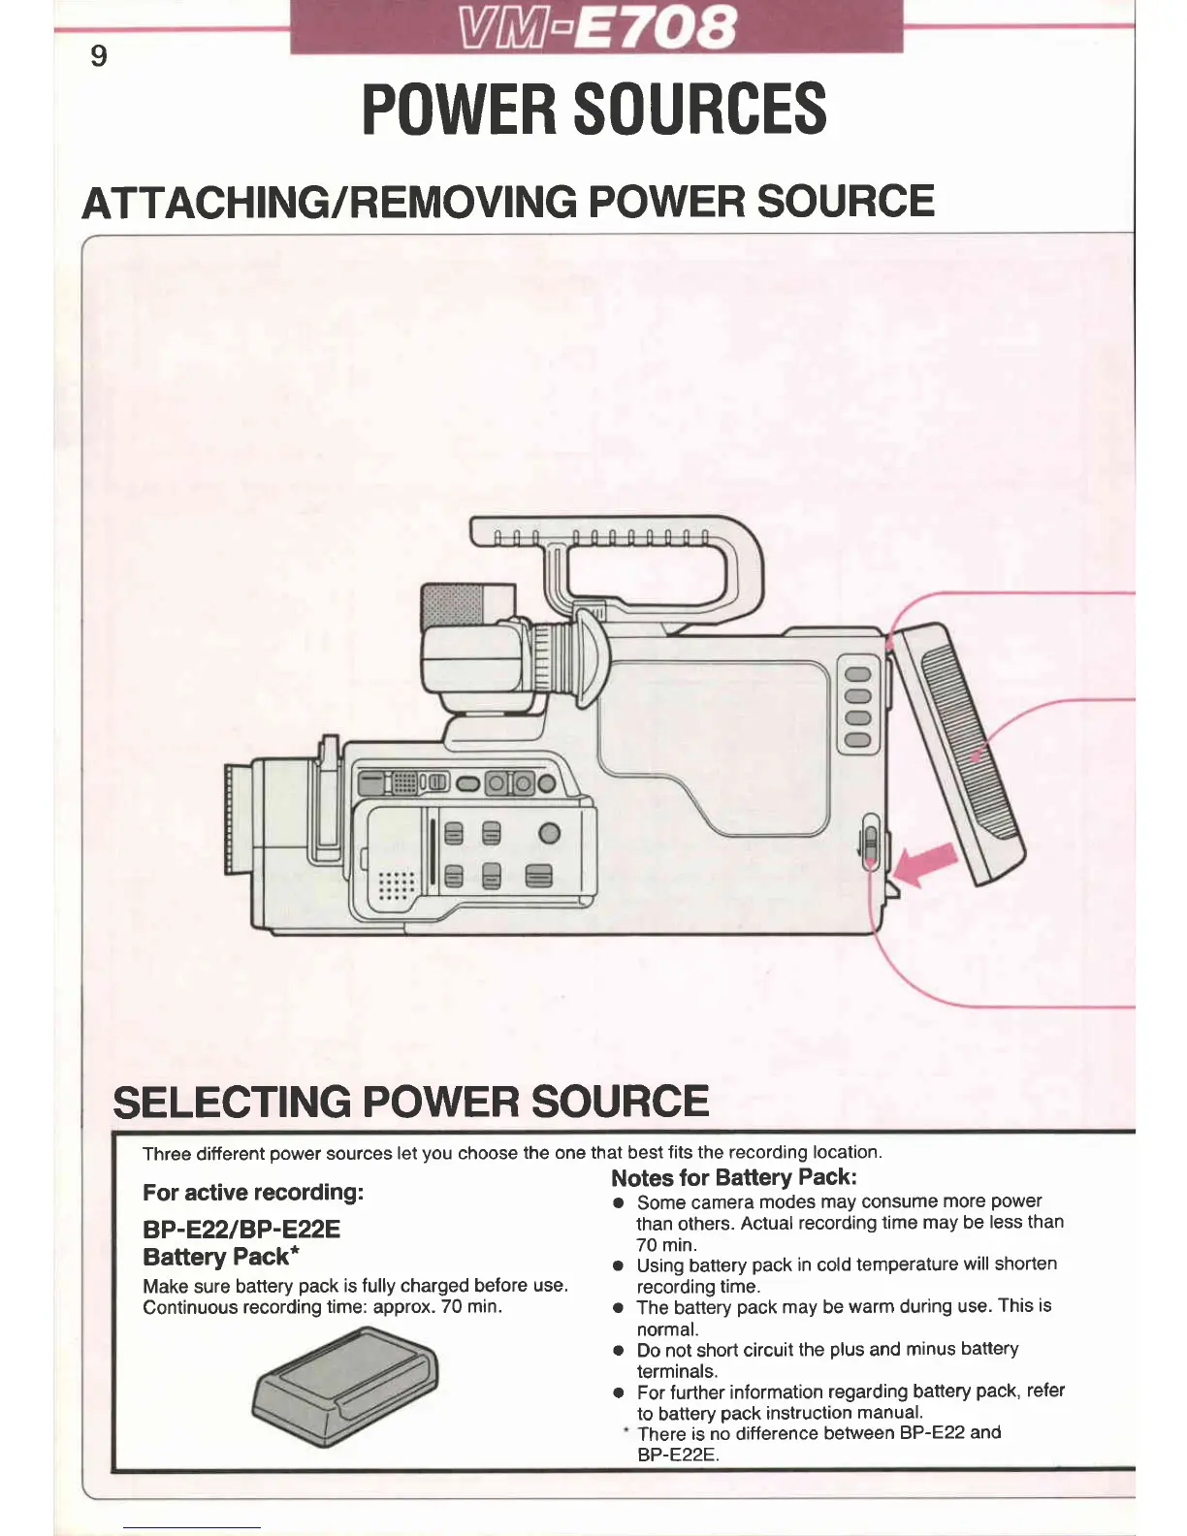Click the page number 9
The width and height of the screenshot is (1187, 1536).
(98, 56)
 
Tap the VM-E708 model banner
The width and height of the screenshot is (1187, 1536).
(595, 27)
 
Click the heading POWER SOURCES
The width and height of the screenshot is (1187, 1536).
(593, 109)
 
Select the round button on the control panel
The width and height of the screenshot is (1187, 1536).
(549, 833)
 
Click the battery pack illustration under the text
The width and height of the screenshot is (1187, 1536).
(345, 1387)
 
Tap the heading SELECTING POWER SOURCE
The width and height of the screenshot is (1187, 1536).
(411, 1102)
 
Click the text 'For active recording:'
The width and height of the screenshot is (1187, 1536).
(253, 1192)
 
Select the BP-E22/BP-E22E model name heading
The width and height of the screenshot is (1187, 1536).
(241, 1230)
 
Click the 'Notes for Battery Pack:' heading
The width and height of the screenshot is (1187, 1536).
(734, 1177)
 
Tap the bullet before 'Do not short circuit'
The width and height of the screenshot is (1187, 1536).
(617, 1350)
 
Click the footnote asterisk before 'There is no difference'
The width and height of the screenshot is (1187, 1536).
(626, 1431)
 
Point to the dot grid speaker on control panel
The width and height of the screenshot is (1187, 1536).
(396, 883)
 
